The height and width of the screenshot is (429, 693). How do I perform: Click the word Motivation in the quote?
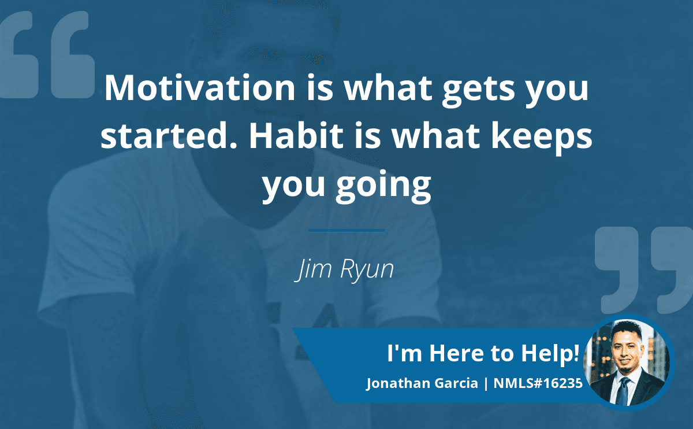click(x=200, y=88)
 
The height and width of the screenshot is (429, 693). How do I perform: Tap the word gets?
click(x=479, y=91)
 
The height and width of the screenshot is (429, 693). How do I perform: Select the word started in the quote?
click(x=169, y=136)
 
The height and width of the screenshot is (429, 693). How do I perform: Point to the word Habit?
click(x=296, y=136)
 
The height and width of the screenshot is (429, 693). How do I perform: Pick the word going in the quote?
click(x=383, y=186)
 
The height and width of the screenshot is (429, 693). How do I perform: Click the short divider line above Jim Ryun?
click(x=346, y=231)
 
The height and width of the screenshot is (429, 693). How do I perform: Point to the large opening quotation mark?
click(x=47, y=55)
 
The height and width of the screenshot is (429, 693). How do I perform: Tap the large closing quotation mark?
click(x=644, y=270)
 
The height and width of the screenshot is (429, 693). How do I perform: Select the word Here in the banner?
click(x=456, y=353)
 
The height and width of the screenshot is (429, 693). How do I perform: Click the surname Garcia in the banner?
click(x=456, y=383)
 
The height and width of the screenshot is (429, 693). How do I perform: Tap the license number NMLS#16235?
click(x=538, y=383)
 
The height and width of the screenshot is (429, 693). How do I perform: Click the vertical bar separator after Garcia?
click(x=486, y=383)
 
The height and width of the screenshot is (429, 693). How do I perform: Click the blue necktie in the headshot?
click(x=623, y=391)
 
